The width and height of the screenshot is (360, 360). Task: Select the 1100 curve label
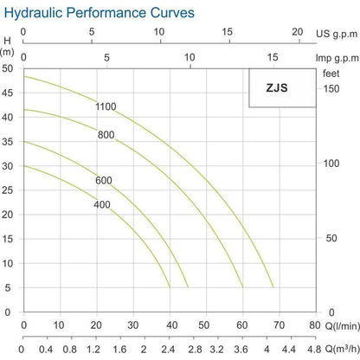coord(106,106)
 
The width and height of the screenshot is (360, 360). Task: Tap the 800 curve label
coord(106,134)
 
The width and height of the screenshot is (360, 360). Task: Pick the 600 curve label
coord(105,180)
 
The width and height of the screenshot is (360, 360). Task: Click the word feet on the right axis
coord(332,74)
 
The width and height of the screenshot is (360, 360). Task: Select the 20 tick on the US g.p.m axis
coord(297,33)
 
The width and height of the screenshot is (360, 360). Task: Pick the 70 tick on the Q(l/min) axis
coord(279,326)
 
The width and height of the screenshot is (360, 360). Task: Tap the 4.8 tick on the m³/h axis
coord(313,349)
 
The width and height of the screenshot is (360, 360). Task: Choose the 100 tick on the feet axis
coord(332,163)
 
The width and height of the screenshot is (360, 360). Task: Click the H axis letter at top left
coord(8,41)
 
